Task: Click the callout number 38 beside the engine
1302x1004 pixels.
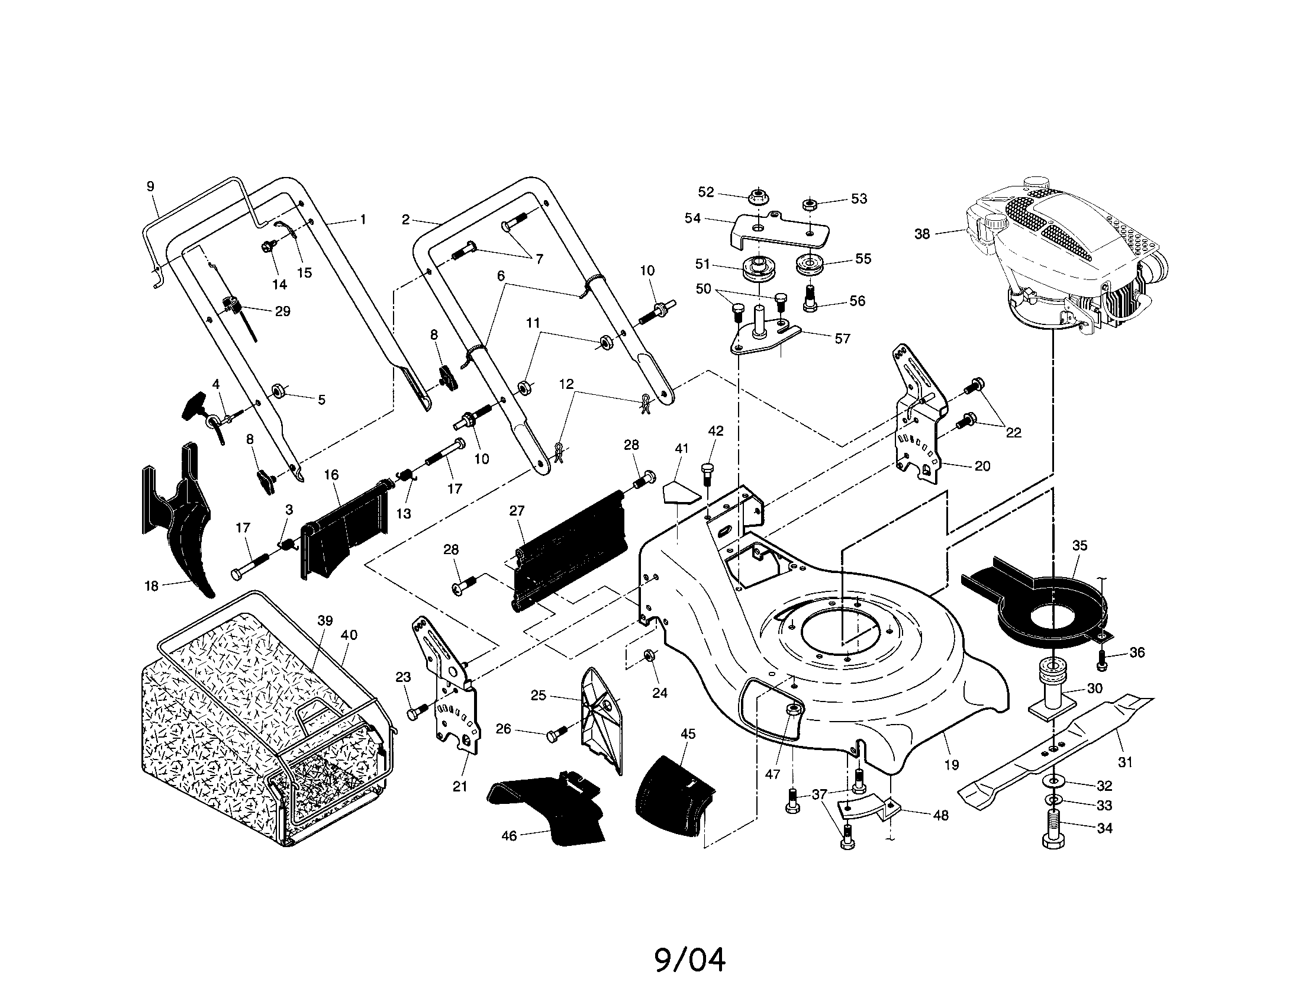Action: pos(921,234)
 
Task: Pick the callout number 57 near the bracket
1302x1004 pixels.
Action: pos(842,339)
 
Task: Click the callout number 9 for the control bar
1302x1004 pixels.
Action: pos(150,186)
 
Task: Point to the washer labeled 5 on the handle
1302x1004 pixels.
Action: pos(278,391)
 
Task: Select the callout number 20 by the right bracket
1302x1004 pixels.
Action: pos(982,466)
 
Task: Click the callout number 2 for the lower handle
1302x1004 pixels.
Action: pos(405,220)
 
